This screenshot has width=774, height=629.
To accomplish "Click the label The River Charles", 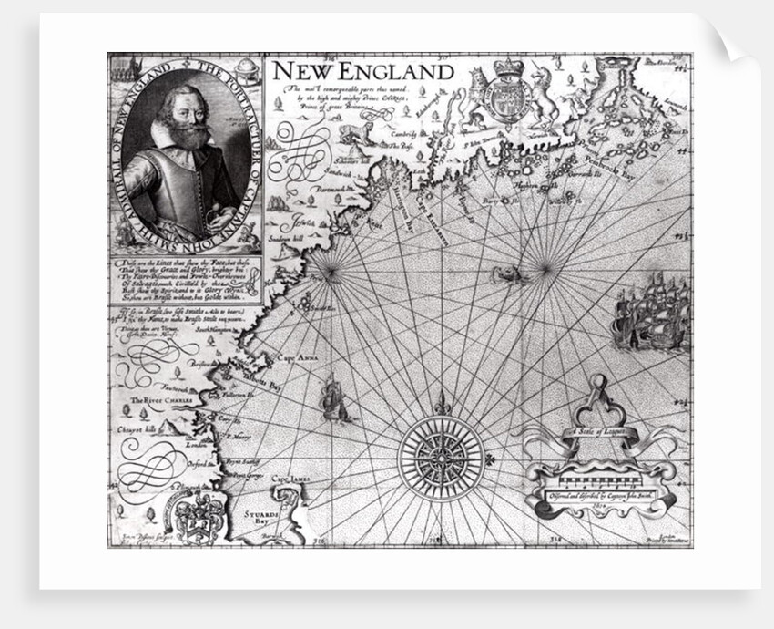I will click(162, 401).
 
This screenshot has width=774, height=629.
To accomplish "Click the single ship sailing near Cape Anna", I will click(333, 399).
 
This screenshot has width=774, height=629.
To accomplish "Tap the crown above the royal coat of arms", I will click(507, 68).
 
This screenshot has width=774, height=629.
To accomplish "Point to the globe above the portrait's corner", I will click(247, 70).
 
